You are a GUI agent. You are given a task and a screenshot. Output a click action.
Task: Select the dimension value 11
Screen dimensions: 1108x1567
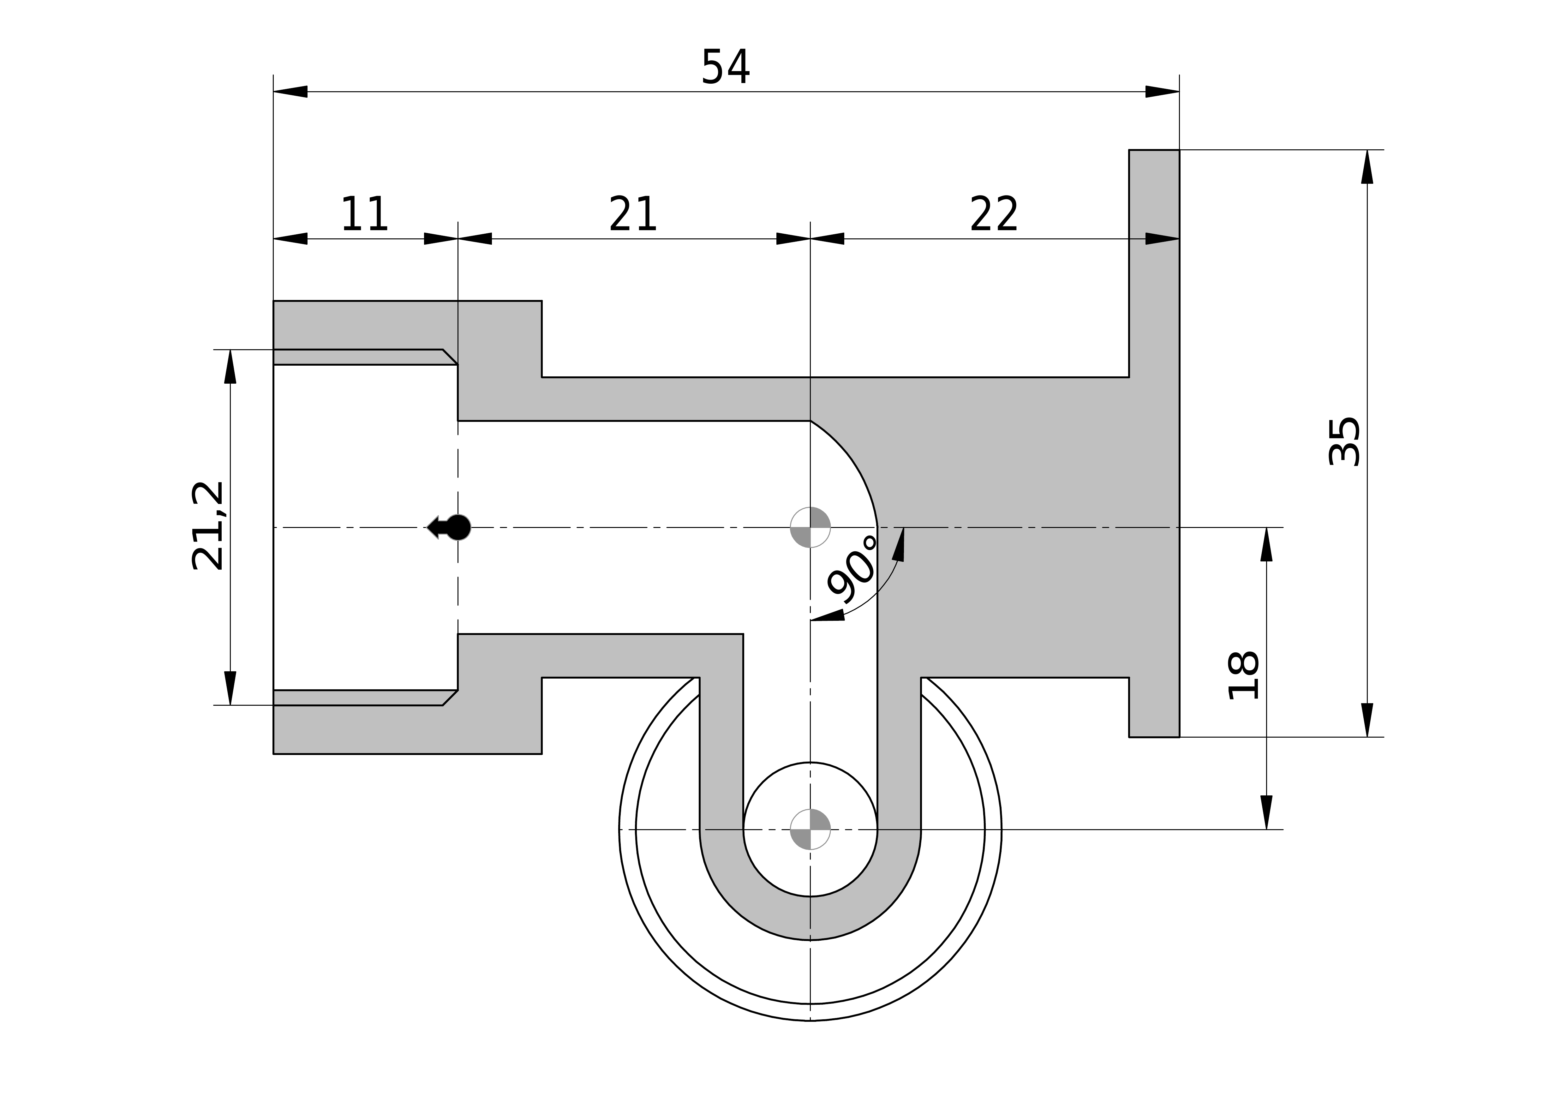364,214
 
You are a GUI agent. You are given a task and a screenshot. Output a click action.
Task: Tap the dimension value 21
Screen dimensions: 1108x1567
633,214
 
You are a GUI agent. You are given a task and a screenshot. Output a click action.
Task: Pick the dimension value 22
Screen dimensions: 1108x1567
994,214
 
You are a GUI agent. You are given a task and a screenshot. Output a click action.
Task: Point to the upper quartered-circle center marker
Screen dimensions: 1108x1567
810,527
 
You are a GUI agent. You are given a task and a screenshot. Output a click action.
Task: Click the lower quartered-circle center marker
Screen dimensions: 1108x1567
810,830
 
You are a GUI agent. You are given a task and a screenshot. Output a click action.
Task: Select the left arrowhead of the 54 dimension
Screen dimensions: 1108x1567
290,92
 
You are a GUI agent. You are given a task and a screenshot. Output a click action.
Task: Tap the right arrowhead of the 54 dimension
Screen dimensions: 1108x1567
1162,92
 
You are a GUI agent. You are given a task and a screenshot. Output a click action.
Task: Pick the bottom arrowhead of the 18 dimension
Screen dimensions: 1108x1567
1267,812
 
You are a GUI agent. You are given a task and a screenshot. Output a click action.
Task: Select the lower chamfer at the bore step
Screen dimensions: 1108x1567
450,698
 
